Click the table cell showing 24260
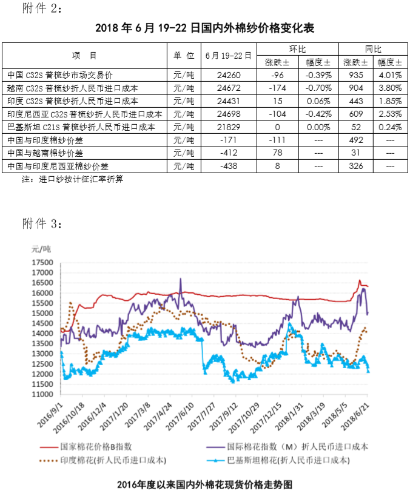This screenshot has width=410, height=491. pos(229,75)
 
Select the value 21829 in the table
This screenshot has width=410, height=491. pos(229,127)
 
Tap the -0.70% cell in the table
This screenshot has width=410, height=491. pos(318,88)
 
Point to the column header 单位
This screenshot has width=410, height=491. pos(184,55)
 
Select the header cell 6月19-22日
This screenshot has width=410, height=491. pos(229,55)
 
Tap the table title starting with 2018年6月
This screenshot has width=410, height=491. pos(205,28)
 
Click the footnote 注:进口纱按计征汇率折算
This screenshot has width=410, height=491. pos(73,179)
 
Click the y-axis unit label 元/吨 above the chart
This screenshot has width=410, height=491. pos(42,249)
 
